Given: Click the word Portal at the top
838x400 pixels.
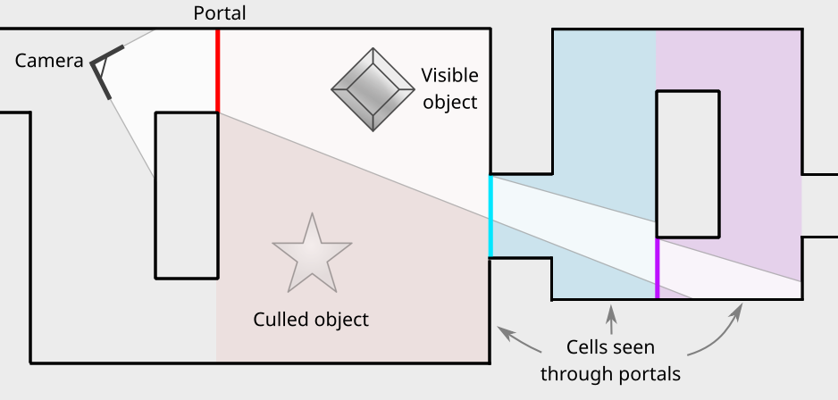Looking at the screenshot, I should point(219,13).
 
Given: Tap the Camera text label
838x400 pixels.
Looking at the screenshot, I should point(49,61).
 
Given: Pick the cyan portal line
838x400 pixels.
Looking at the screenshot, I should point(490,216).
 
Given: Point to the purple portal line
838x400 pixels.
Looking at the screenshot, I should point(658,268).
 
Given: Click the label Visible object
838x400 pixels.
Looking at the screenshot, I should point(450,88).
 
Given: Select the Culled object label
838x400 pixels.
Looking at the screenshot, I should point(311,319).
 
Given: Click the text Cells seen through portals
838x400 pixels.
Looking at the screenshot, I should point(610,359).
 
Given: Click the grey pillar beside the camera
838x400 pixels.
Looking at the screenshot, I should point(187,195).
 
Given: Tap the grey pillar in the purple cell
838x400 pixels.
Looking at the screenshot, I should point(688,163).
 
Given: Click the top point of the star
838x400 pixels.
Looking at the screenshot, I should point(312,217).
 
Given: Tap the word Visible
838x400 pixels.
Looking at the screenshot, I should point(450,75).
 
